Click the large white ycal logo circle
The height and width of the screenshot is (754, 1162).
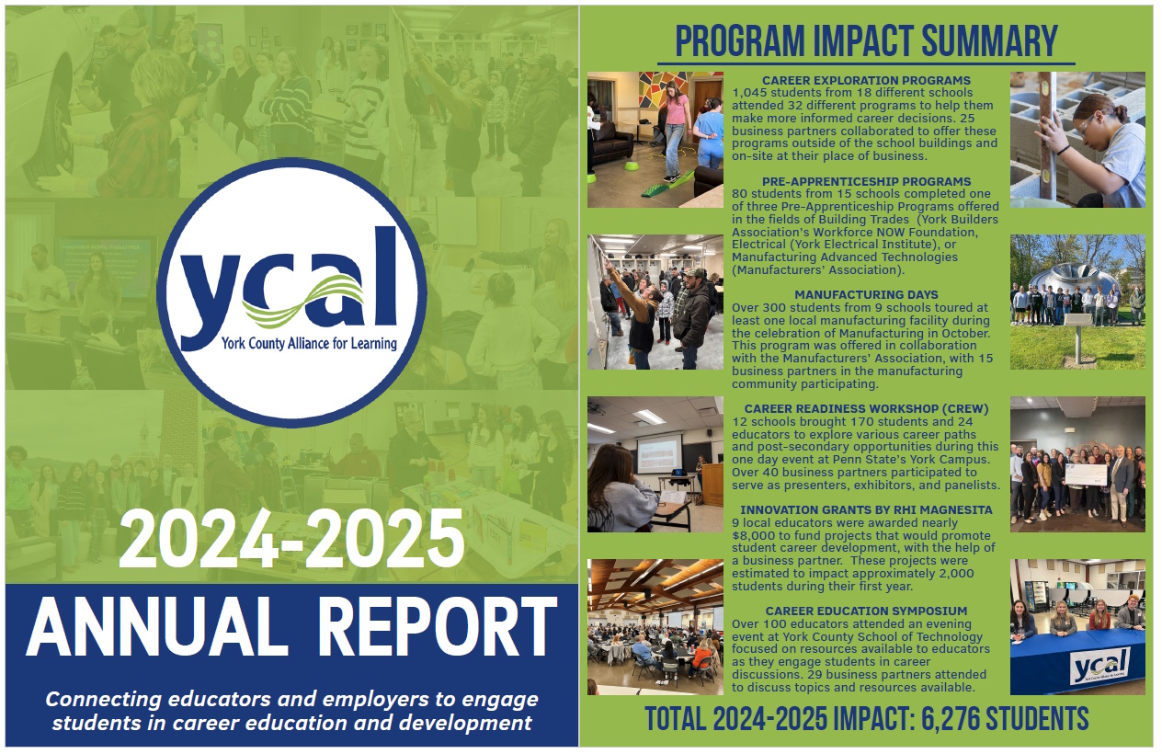click(x=292, y=293)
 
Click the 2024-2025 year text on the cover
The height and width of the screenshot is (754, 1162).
click(x=291, y=539)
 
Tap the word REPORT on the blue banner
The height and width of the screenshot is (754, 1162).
click(x=437, y=627)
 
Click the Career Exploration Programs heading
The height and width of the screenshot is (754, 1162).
click(x=866, y=80)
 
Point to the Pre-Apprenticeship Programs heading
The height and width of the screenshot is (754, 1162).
click(x=866, y=182)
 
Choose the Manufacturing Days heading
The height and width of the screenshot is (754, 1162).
click(x=866, y=295)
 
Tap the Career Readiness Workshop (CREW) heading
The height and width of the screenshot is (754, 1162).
click(x=866, y=409)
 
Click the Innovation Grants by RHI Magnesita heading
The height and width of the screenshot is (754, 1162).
click(x=866, y=510)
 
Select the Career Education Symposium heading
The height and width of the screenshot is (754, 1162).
click(x=866, y=611)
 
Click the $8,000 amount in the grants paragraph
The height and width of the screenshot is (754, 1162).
click(x=752, y=535)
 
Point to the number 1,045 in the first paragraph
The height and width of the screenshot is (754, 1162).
click(x=749, y=93)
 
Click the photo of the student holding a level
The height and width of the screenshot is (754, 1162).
click(x=1077, y=140)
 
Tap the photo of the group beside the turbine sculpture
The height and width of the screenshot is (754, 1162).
click(x=1077, y=302)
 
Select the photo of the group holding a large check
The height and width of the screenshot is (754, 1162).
click(x=1077, y=464)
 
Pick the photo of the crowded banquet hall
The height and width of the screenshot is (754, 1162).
click(x=655, y=627)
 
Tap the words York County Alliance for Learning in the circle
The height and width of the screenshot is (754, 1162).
click(x=309, y=344)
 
